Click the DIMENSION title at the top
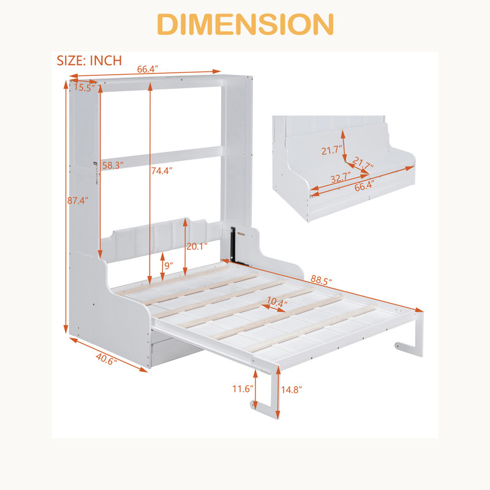[x=246, y=24]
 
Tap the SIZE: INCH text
[x=89, y=61]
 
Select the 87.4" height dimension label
[x=78, y=200]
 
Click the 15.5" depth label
[x=84, y=88]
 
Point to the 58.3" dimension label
[x=113, y=165]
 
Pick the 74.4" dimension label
[x=162, y=171]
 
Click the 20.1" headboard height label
[x=197, y=246]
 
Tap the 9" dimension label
[x=169, y=266]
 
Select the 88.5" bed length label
[x=321, y=280]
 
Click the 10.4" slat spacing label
[x=277, y=302]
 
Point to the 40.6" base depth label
[x=107, y=359]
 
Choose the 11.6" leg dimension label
[x=243, y=389]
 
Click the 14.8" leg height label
[x=292, y=390]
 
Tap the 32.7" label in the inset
[x=341, y=178]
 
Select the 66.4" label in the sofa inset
[x=364, y=186]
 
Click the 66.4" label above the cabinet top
[x=148, y=69]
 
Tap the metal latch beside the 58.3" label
[x=96, y=173]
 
